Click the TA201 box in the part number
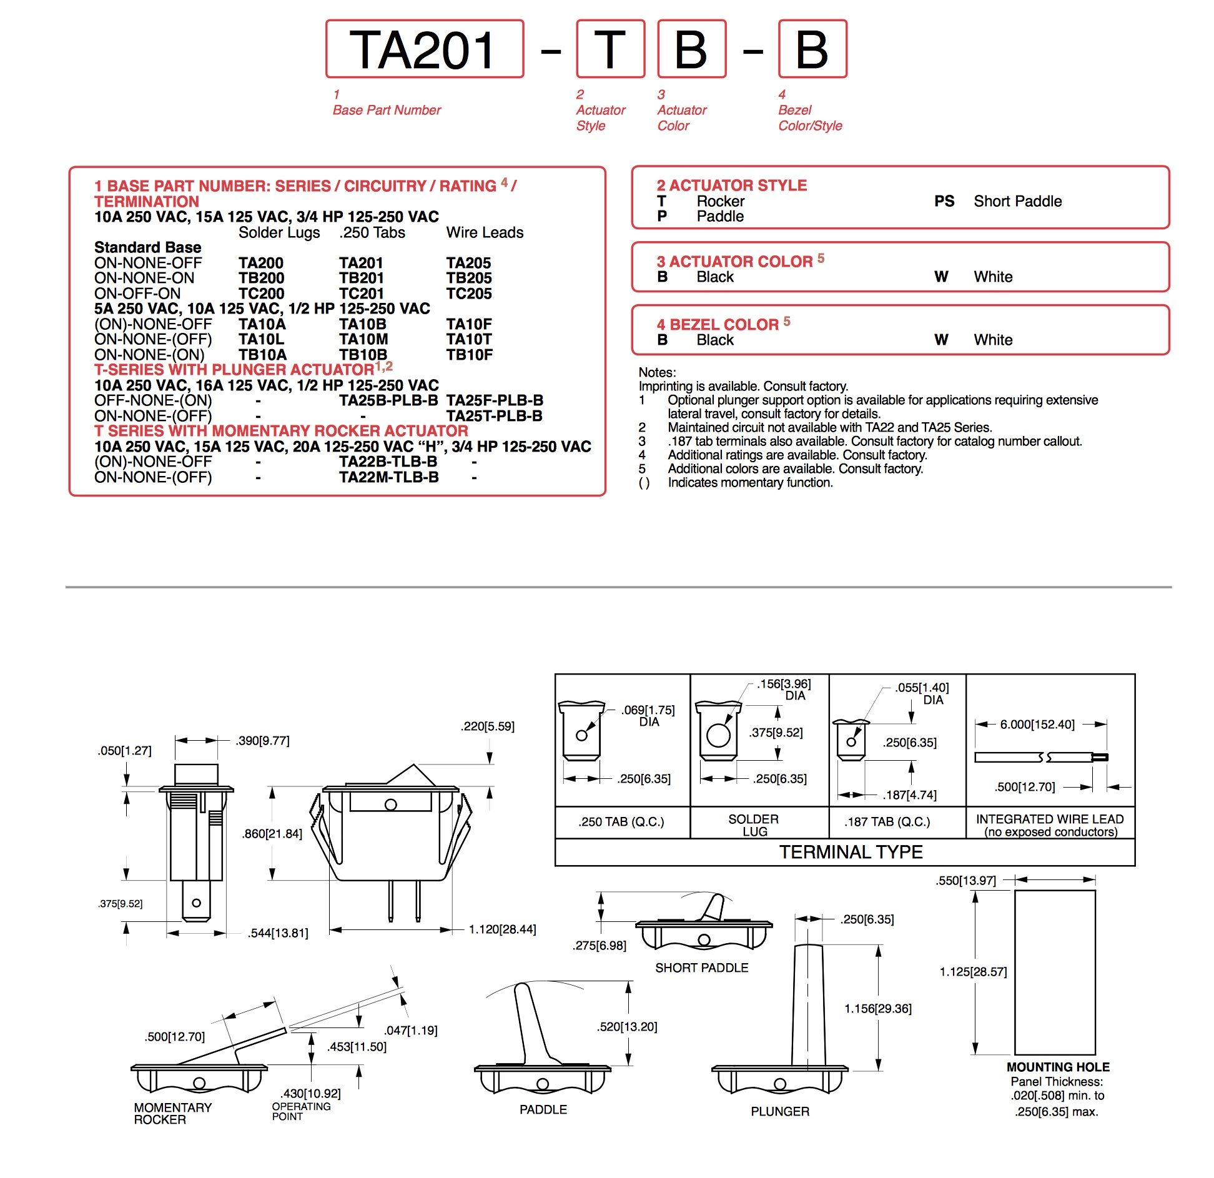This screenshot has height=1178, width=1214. (x=424, y=49)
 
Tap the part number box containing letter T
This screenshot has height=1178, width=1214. (x=610, y=49)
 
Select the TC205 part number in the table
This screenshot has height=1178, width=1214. (x=468, y=294)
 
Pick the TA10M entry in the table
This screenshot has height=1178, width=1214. (x=363, y=339)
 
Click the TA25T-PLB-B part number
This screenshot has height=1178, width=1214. (x=494, y=416)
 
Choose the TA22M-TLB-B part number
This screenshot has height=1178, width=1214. (x=388, y=477)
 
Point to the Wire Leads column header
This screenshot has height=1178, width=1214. (x=485, y=232)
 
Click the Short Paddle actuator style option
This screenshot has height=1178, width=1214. (x=1017, y=201)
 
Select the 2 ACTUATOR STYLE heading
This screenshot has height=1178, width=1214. (x=731, y=185)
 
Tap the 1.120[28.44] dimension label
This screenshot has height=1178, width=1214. (x=502, y=929)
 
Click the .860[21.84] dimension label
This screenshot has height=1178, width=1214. (x=272, y=834)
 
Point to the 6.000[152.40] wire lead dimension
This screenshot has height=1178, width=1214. (x=1037, y=725)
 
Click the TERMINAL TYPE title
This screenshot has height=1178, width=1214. (x=851, y=852)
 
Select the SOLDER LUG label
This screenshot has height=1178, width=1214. (x=754, y=825)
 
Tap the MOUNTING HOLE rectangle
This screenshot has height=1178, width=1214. (x=1054, y=973)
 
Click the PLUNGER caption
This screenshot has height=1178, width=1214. (x=779, y=1111)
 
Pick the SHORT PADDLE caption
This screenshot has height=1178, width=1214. (x=701, y=968)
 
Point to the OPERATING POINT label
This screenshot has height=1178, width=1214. (x=301, y=1111)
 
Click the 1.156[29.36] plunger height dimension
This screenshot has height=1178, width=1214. (x=877, y=1009)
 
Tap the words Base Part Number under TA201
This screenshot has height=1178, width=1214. (x=387, y=110)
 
